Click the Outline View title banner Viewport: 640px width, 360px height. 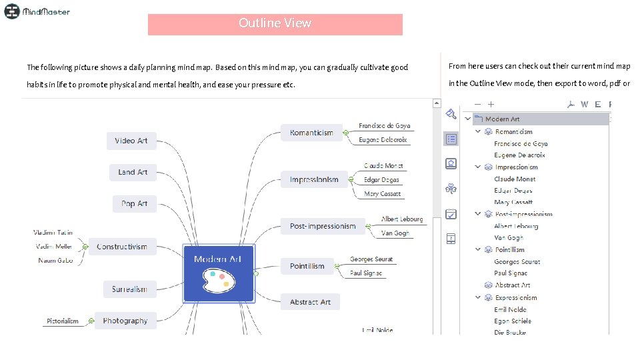click(275, 24)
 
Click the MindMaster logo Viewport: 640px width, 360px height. click(37, 11)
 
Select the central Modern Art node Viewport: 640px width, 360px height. click(218, 273)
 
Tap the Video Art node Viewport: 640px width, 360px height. click(131, 141)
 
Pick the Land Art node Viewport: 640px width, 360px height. click(133, 172)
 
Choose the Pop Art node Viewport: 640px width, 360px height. click(134, 203)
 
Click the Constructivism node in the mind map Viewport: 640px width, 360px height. click(122, 247)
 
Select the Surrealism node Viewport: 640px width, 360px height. click(129, 289)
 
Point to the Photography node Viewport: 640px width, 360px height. click(125, 321)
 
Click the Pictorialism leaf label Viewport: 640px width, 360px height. click(63, 321)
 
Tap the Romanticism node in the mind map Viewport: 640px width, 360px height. click(311, 133)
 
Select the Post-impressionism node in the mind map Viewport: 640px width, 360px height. click(323, 226)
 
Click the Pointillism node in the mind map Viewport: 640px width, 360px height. click(307, 266)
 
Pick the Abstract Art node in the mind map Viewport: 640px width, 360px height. click(310, 302)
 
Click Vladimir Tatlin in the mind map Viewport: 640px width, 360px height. click(53, 233)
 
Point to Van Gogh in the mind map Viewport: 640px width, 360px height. click(395, 233)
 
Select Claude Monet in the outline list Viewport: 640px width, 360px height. click(515, 179)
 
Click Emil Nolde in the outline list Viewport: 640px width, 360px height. click(511, 309)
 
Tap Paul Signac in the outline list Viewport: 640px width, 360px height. click(511, 273)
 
